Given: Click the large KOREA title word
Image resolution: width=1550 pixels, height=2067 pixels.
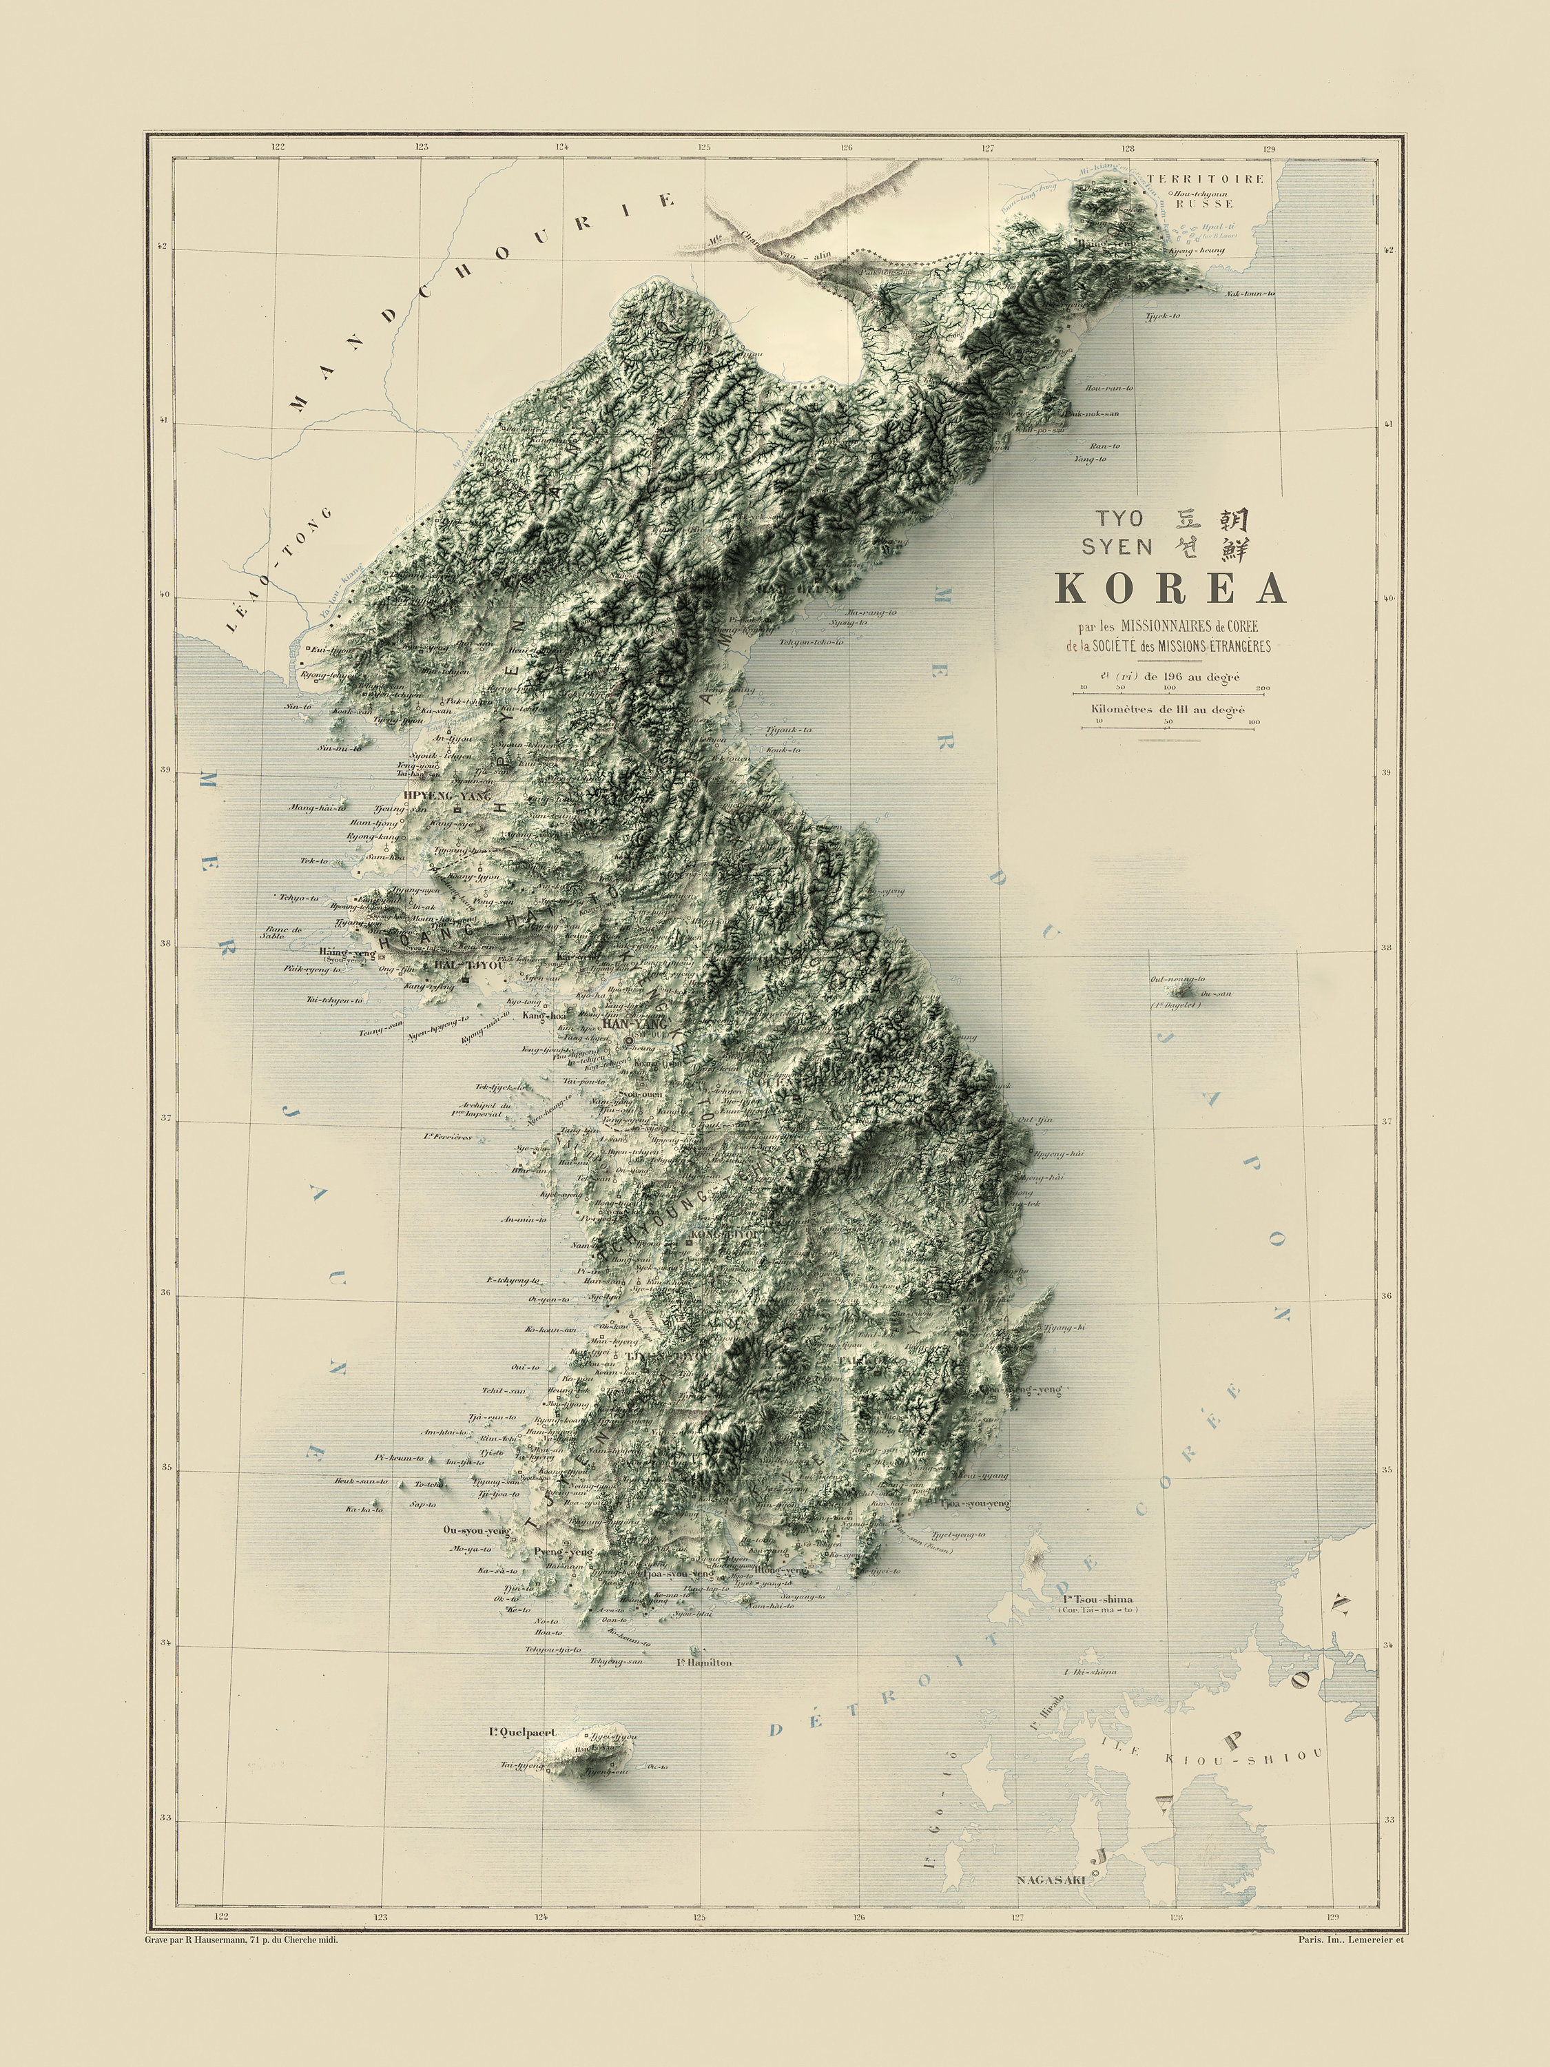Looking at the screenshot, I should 1170,588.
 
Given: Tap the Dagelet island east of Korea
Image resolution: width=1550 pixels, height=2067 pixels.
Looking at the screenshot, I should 1183,989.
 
